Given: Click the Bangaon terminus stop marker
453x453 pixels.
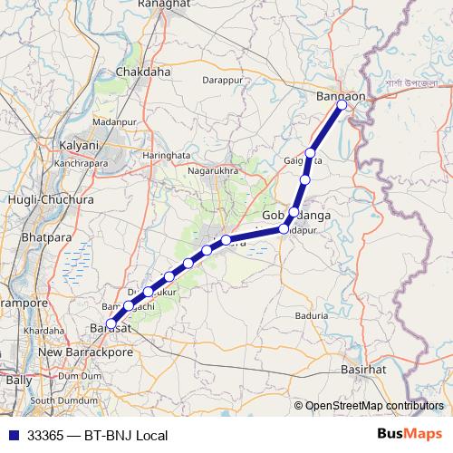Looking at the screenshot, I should pyautogui.click(x=342, y=105).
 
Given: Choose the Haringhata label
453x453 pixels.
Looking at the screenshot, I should pyautogui.click(x=168, y=155).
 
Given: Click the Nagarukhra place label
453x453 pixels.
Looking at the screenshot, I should pyautogui.click(x=212, y=169).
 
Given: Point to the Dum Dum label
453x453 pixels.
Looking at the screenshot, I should pyautogui.click(x=81, y=375).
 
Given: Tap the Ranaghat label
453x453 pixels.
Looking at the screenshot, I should pyautogui.click(x=162, y=5).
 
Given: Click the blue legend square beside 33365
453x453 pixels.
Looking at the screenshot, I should pyautogui.click(x=11, y=435).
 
